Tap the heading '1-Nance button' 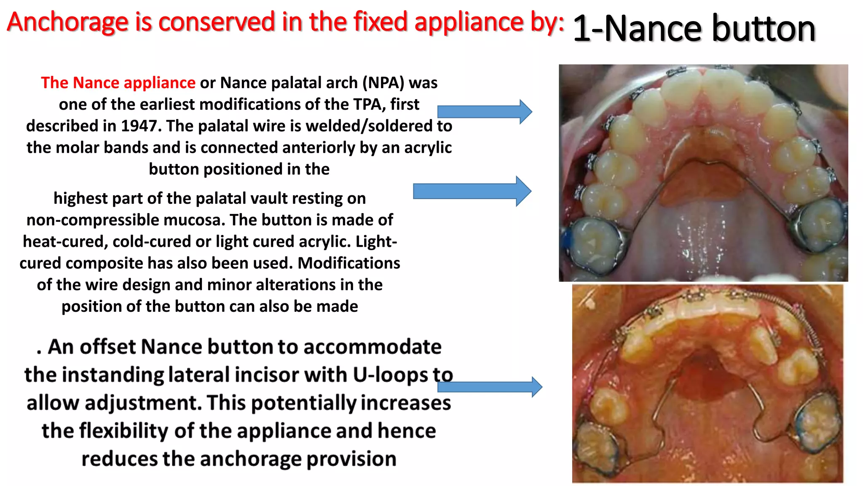pyautogui.click(x=694, y=29)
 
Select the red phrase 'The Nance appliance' pyautogui.click(x=118, y=83)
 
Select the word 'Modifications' pyautogui.click(x=349, y=263)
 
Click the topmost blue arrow pyautogui.click(x=485, y=112)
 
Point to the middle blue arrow pyautogui.click(x=472, y=191)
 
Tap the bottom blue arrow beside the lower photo pyautogui.click(x=489, y=387)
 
